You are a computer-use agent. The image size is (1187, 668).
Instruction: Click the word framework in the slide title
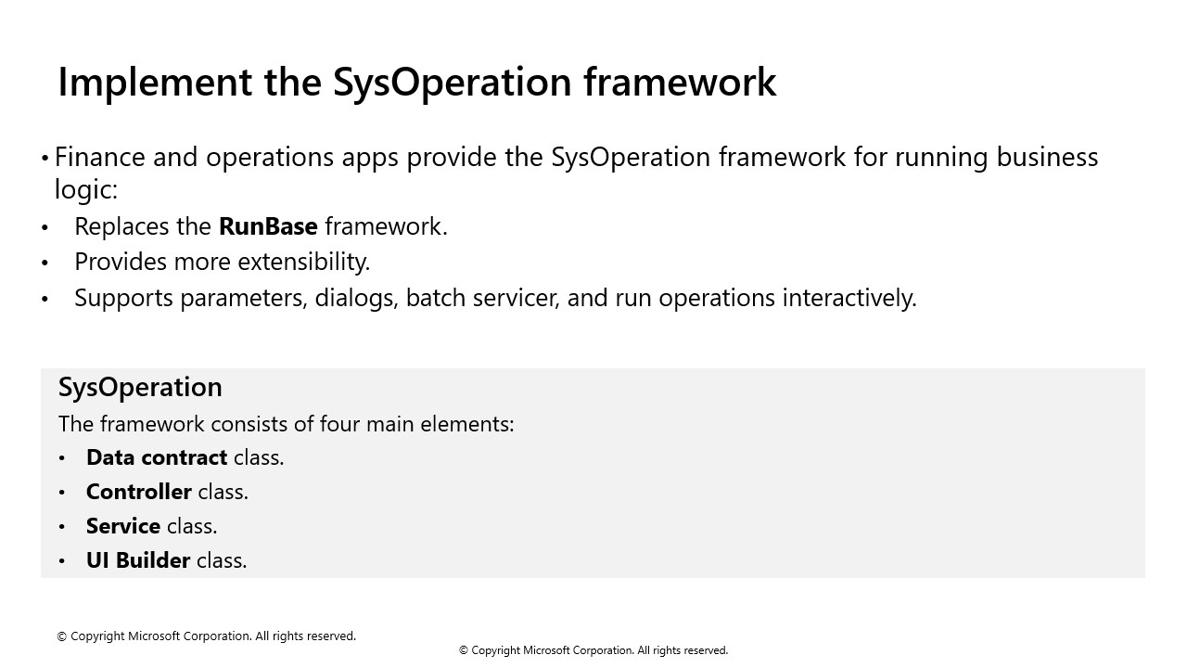click(x=679, y=82)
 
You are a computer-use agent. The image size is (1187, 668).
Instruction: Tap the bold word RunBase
click(x=268, y=226)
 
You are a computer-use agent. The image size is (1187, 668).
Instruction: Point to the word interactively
click(x=849, y=298)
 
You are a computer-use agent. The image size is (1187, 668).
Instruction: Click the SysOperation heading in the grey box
click(x=140, y=387)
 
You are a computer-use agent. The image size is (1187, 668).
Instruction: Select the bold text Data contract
click(x=156, y=457)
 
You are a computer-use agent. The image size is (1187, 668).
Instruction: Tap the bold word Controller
click(x=138, y=492)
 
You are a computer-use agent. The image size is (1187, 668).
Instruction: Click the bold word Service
click(x=122, y=526)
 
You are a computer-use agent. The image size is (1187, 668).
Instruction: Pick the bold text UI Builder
click(x=137, y=560)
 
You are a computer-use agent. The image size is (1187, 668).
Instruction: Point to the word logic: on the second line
click(x=85, y=189)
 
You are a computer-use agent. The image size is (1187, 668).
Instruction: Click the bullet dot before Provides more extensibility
click(x=45, y=263)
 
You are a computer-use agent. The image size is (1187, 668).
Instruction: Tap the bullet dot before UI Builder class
click(x=62, y=561)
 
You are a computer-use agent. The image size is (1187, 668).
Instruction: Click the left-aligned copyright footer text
click(x=206, y=636)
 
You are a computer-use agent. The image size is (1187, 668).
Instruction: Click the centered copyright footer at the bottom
click(x=593, y=650)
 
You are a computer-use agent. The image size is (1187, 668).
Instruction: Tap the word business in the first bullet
click(x=1047, y=157)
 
